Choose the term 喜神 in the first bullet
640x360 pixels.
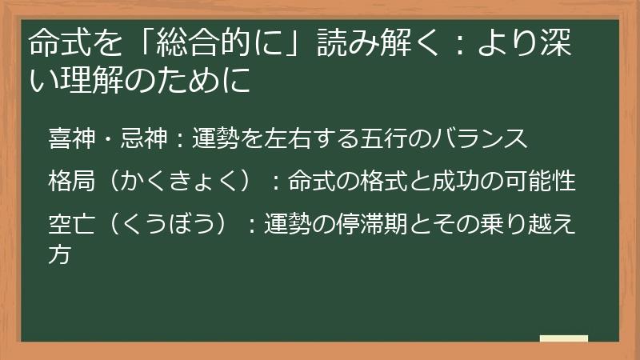point(70,139)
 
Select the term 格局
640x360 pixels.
point(70,182)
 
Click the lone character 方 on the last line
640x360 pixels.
point(60,254)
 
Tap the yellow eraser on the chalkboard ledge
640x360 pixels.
point(563,338)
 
